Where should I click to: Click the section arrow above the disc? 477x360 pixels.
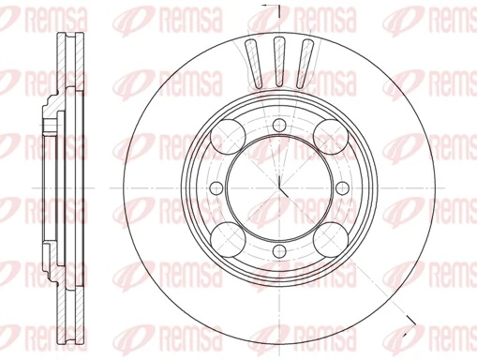click(x=266, y=7)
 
